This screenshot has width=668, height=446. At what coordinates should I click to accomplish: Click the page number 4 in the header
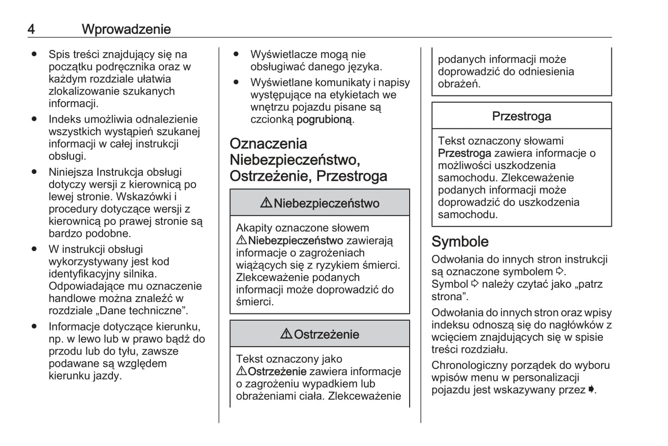31,29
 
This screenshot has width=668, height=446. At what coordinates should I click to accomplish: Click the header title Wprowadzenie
126,29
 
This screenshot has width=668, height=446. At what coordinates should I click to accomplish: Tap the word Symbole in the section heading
460,242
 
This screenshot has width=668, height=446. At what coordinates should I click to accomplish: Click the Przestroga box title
521,116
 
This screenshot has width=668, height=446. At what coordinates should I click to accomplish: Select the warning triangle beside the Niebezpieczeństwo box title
266,202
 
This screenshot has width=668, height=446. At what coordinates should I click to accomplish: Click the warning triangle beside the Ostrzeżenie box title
286,334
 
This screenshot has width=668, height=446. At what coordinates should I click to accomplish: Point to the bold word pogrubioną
325,119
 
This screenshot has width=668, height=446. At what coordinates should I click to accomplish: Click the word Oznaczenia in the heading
268,144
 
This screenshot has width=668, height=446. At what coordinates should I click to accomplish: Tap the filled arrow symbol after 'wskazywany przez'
591,390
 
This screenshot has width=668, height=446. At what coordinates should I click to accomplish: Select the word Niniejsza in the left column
71,172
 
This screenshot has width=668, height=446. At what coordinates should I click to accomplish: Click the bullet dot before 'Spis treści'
34,54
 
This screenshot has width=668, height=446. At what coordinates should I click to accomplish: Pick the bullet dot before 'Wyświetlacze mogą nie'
236,54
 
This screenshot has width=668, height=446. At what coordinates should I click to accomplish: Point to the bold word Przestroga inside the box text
464,153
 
